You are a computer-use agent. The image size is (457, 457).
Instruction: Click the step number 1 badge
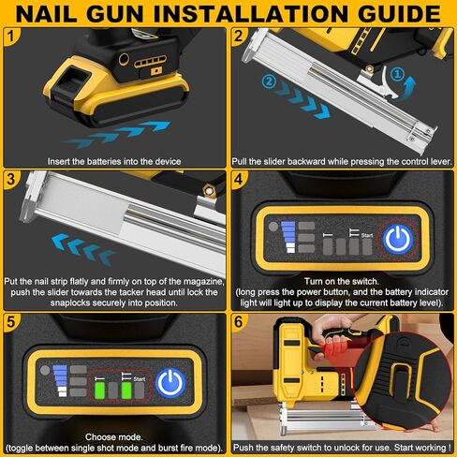[10, 36]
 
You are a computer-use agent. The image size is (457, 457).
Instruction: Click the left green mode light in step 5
[111, 389]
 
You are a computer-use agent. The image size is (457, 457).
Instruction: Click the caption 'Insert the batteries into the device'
[114, 161]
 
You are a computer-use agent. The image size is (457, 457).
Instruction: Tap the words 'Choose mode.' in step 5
[114, 435]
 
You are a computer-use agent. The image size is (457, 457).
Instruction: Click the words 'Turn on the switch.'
[343, 280]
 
